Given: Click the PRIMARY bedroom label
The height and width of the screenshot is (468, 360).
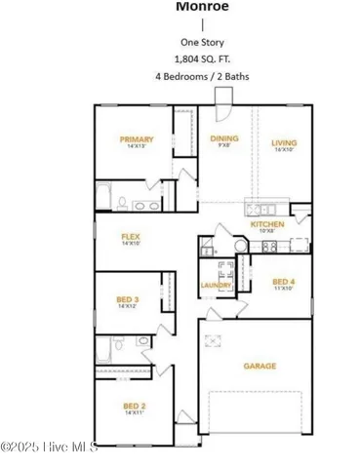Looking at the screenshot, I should click(x=137, y=139).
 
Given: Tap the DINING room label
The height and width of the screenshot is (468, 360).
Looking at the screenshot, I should click(x=224, y=138).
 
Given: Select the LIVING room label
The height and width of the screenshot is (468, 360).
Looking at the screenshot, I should click(x=284, y=143).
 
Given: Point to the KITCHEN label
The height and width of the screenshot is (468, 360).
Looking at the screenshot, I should click(x=266, y=225).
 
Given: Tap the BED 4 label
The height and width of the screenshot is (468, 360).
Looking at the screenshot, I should click(x=284, y=282).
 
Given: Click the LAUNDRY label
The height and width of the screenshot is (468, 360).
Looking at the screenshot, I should click(x=215, y=285).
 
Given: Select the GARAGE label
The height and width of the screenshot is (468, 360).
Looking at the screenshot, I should click(x=260, y=366).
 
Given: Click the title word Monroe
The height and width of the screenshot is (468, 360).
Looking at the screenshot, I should click(x=195, y=6).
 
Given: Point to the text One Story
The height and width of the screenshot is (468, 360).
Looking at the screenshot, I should click(x=195, y=42).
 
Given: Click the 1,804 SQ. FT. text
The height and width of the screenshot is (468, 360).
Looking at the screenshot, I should click(x=195, y=58).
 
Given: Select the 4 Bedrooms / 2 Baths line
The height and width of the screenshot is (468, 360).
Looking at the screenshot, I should click(x=195, y=75).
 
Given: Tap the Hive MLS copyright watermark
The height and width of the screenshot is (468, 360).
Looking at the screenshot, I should click(x=49, y=448).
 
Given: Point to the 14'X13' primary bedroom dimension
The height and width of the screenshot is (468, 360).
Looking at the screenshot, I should click(x=137, y=148).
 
